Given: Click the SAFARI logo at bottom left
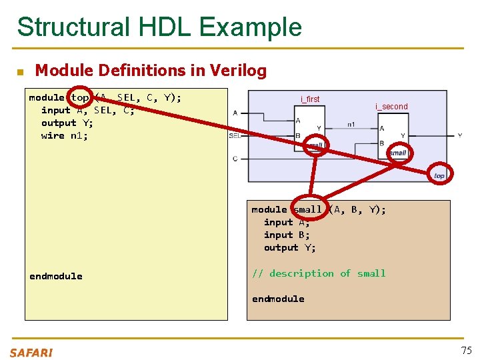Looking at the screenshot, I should coord(31,353).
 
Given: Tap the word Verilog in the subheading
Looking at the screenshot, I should coord(239,71).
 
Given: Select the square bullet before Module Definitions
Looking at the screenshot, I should coord(20,71).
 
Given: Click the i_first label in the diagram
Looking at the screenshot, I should coord(310,99).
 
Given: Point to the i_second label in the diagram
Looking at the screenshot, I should coord(391,107).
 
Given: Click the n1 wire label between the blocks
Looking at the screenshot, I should coord(351,124).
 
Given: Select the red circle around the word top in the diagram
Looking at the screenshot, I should coord(439,175).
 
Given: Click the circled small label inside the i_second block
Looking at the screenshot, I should coord(398,153).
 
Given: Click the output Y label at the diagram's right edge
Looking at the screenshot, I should coord(459,135).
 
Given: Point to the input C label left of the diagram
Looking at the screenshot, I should coord(235,159).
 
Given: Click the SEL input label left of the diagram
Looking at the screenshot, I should coord(235,135).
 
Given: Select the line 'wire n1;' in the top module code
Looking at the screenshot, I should coord(64,136).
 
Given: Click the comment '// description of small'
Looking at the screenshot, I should coord(319,273).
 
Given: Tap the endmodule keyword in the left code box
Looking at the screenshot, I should coord(56,276).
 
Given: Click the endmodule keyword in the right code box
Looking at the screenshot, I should coord(278,299).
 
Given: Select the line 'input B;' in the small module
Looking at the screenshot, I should coord(287,235).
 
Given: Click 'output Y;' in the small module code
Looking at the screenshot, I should coord(290,247).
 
